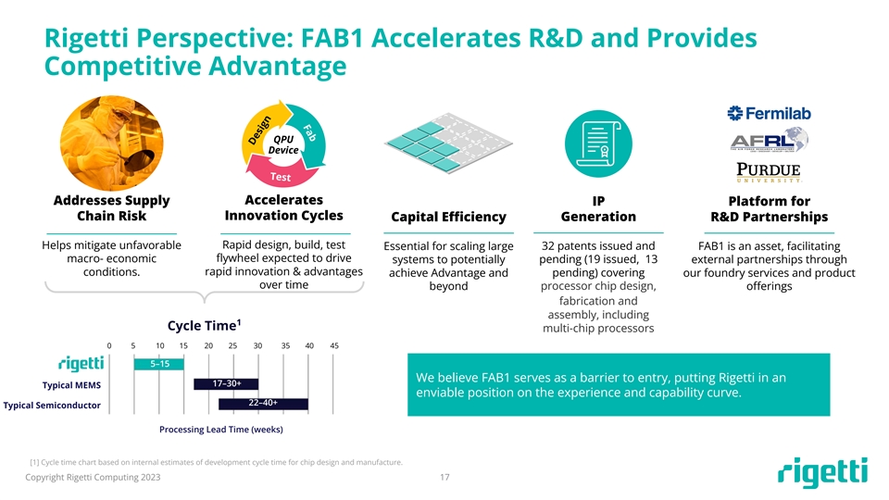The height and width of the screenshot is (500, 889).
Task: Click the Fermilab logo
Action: tap(769, 113)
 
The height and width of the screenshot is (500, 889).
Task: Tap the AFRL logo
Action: tap(769, 141)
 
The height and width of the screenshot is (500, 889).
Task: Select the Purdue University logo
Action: tap(769, 172)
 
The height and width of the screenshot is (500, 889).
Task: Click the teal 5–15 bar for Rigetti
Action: tap(158, 364)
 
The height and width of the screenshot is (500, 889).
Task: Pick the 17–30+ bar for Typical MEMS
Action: tap(226, 383)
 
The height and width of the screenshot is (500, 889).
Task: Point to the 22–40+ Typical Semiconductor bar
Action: tap(263, 403)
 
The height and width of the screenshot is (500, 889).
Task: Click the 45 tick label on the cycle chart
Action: tap(334, 345)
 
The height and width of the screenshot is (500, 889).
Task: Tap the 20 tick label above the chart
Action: tap(208, 345)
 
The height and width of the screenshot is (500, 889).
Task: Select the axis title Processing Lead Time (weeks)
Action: tap(221, 430)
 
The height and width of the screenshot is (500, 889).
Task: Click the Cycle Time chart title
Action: tap(204, 325)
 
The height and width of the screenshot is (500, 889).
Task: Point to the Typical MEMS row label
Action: tap(71, 385)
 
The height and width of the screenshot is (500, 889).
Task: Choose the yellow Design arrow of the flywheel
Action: tap(261, 131)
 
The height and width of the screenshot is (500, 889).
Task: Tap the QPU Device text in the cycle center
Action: tap(283, 144)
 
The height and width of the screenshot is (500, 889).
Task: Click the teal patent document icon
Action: tap(598, 144)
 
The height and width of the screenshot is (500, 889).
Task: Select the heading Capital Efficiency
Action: tap(448, 217)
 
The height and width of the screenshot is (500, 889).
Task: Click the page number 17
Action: tap(444, 478)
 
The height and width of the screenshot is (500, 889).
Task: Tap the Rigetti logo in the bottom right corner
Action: tap(822, 471)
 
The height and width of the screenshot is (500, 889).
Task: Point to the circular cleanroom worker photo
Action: tap(112, 144)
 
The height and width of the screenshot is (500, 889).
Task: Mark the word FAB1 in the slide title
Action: tap(332, 39)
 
